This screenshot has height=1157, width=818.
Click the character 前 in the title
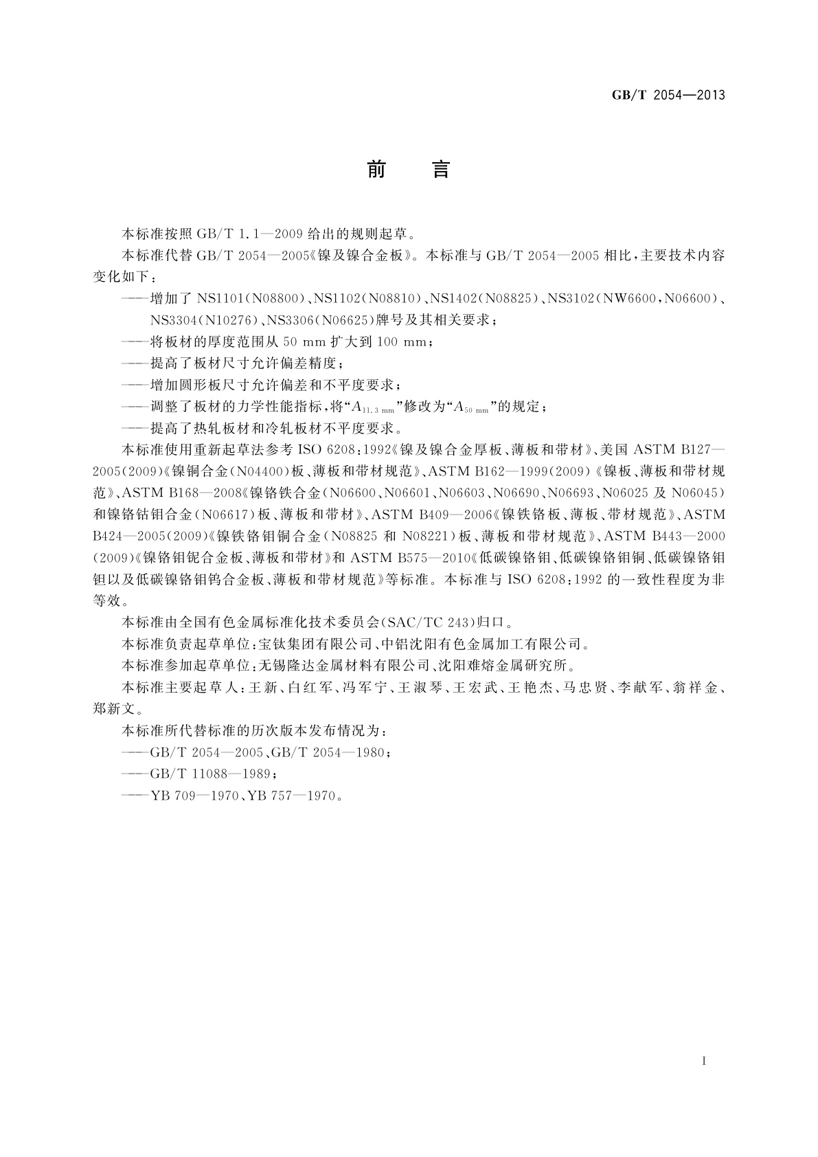point(376,170)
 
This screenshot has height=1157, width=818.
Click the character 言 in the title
point(440,170)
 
